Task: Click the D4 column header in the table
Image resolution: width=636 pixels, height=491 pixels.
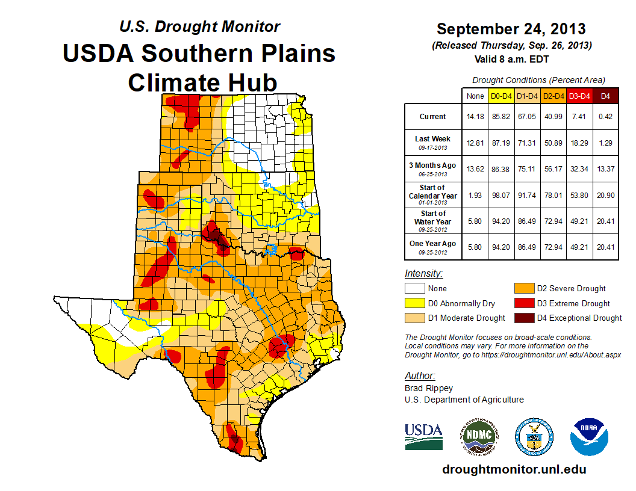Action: [x=606, y=96]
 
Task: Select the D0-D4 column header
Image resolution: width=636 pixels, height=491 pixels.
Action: [x=501, y=96]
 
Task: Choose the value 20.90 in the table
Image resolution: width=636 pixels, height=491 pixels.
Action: [x=606, y=195]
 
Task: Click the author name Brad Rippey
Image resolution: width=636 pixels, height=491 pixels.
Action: [x=429, y=388]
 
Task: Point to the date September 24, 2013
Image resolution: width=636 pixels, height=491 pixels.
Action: [x=511, y=29]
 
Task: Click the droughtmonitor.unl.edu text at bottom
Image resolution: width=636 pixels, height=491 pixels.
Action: [x=514, y=469]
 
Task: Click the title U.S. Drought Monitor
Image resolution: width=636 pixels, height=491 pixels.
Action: [x=199, y=27]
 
